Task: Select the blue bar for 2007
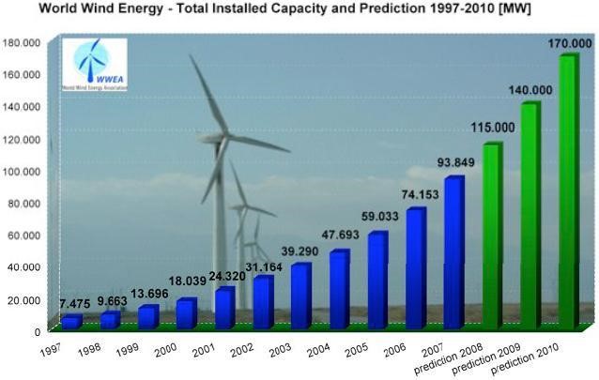[453, 251]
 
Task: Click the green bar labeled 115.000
[492, 235]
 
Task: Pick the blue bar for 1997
[71, 322]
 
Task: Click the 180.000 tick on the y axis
[22, 42]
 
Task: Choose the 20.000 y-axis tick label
[24, 299]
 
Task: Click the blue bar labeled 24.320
[224, 307]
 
